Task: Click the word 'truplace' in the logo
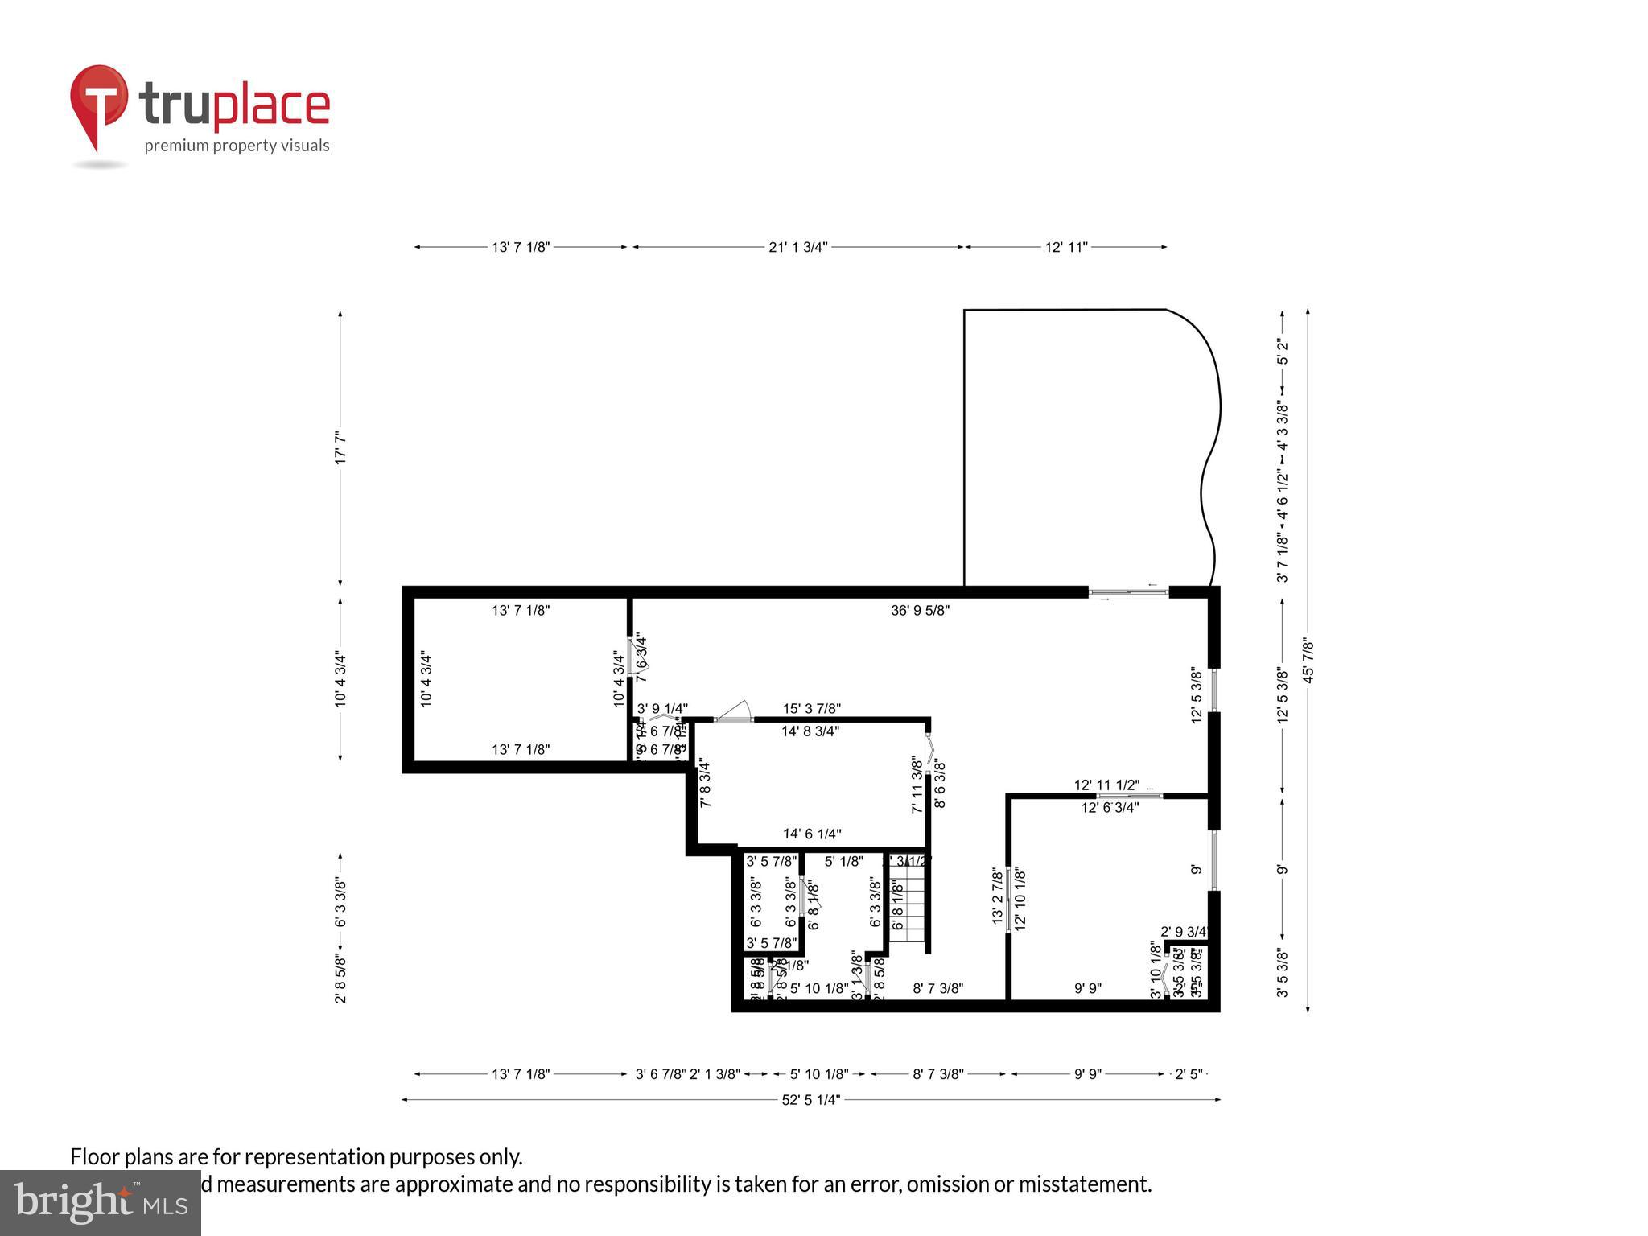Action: (x=234, y=105)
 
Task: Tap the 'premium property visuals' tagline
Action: (x=237, y=146)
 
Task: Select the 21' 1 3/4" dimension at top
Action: (x=797, y=247)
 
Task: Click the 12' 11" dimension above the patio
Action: (x=1066, y=247)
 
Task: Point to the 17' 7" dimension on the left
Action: (x=340, y=447)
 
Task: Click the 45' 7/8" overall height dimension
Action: (x=1308, y=660)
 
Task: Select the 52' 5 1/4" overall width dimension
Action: (x=810, y=1099)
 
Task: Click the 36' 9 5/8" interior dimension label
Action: (x=920, y=610)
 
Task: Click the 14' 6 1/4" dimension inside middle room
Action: (x=812, y=834)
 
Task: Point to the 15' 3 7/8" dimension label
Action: (x=812, y=708)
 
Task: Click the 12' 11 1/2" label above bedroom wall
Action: (x=1106, y=785)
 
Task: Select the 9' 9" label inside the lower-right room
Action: (x=1088, y=988)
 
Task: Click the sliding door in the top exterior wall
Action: (x=1128, y=592)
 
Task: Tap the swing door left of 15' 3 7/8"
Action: (x=733, y=712)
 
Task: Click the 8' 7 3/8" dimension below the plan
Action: (x=937, y=1073)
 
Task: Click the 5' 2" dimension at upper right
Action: (x=1283, y=352)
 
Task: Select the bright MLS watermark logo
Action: (x=100, y=1203)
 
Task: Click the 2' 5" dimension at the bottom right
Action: (x=1189, y=1073)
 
